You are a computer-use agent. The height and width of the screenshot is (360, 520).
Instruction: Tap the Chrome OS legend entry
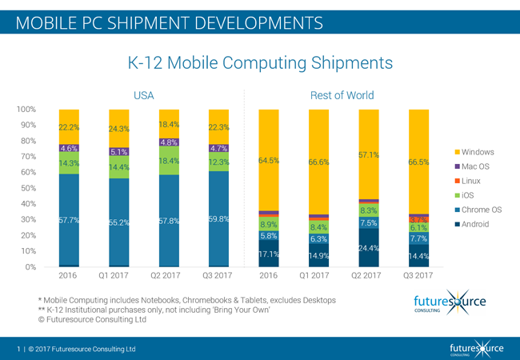[482, 210]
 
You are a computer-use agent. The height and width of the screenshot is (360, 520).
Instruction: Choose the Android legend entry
[478, 225]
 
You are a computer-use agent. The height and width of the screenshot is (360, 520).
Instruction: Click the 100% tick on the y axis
[26, 110]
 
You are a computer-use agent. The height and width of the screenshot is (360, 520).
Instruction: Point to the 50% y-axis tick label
[27, 188]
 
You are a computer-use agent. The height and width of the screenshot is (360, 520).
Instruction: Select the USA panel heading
[143, 96]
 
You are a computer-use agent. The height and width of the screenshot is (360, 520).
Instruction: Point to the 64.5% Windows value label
[269, 161]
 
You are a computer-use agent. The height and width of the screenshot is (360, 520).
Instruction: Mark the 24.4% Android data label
[369, 248]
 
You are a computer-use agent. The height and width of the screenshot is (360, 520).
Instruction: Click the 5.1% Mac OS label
[119, 152]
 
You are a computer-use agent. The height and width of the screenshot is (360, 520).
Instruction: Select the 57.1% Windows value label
[369, 154]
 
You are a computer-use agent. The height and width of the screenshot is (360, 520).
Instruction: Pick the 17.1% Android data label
[269, 254]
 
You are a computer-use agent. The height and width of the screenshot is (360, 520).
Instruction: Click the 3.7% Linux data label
[419, 218]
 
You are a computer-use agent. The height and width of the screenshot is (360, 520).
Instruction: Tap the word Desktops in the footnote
[315, 300]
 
